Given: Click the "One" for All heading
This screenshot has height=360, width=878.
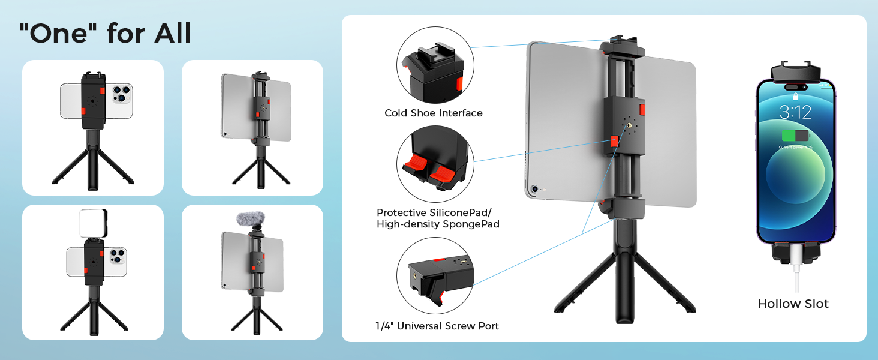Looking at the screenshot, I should pos(105,34).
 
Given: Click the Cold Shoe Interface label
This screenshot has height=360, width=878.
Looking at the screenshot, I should pos(433,113).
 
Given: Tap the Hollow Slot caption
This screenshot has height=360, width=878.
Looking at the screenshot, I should pos(793,304).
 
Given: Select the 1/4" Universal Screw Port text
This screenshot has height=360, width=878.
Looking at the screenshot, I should pos(437,326).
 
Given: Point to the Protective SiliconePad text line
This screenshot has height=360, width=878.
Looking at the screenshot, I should pos(437,212).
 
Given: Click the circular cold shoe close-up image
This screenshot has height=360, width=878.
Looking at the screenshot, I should pos(435,65).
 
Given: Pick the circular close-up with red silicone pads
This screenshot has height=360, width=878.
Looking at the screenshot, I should pos(435,163).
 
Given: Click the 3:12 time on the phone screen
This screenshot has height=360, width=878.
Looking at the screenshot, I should pos(795,112).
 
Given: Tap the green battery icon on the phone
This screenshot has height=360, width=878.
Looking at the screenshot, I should pos(795,136).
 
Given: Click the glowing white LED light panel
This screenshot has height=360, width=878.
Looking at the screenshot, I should pos(93,223).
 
